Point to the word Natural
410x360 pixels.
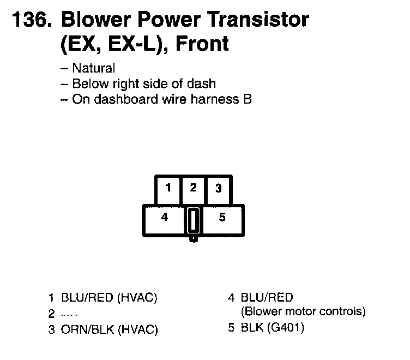[93, 69]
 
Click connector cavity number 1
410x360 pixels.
[168, 189]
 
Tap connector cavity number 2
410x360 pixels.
[193, 188]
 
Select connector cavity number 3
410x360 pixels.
[218, 189]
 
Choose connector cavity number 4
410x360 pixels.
[164, 217]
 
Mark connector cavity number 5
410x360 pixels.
[222, 217]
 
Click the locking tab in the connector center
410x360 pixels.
[193, 221]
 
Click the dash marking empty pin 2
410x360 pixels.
[65, 314]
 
